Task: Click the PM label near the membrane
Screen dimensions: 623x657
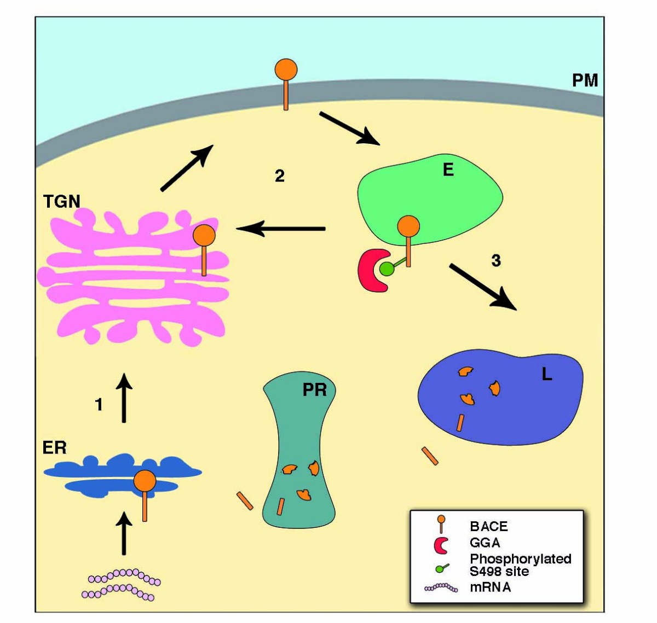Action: click(585, 80)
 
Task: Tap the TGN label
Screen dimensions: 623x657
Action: click(61, 202)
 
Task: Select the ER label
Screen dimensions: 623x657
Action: click(54, 447)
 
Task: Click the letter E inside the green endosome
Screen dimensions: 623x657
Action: click(448, 170)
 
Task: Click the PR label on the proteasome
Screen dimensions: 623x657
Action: click(314, 389)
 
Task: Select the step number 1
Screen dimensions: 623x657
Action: click(99, 404)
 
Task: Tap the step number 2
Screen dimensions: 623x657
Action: click(279, 176)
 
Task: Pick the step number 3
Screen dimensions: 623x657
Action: click(495, 261)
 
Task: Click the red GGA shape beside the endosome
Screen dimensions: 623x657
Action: click(371, 270)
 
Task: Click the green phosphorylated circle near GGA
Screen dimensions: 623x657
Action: click(387, 269)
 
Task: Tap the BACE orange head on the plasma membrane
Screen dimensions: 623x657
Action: click(285, 71)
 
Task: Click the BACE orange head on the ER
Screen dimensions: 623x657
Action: click(145, 481)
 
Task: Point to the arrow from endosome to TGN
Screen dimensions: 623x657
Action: click(281, 229)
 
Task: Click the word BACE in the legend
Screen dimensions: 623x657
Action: click(488, 526)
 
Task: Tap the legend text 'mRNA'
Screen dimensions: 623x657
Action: click(490, 587)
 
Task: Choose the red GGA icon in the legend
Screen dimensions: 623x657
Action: click(441, 545)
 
